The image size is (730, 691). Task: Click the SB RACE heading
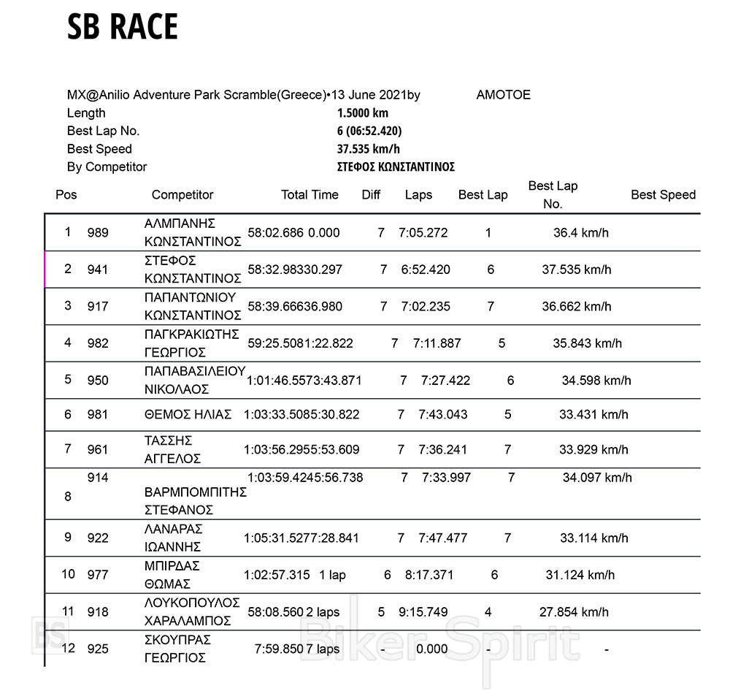[123, 28]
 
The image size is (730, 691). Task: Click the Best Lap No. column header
[553, 195]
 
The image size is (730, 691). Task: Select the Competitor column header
[182, 195]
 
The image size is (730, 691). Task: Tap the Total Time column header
[310, 195]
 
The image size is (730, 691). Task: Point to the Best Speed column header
[663, 195]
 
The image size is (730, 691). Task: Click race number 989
[97, 233]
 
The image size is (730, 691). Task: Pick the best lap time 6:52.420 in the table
[426, 270]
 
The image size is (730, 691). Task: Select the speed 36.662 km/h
[577, 306]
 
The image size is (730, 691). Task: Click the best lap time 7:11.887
[437, 343]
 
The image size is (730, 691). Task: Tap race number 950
[97, 380]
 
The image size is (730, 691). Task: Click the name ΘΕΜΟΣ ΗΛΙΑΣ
[188, 414]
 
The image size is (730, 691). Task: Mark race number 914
[97, 478]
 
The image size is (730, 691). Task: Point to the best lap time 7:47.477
[443, 538]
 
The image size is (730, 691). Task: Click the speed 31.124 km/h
[580, 575]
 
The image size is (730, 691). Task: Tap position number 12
[68, 648]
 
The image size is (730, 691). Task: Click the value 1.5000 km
[363, 113]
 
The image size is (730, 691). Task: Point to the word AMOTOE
[503, 95]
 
